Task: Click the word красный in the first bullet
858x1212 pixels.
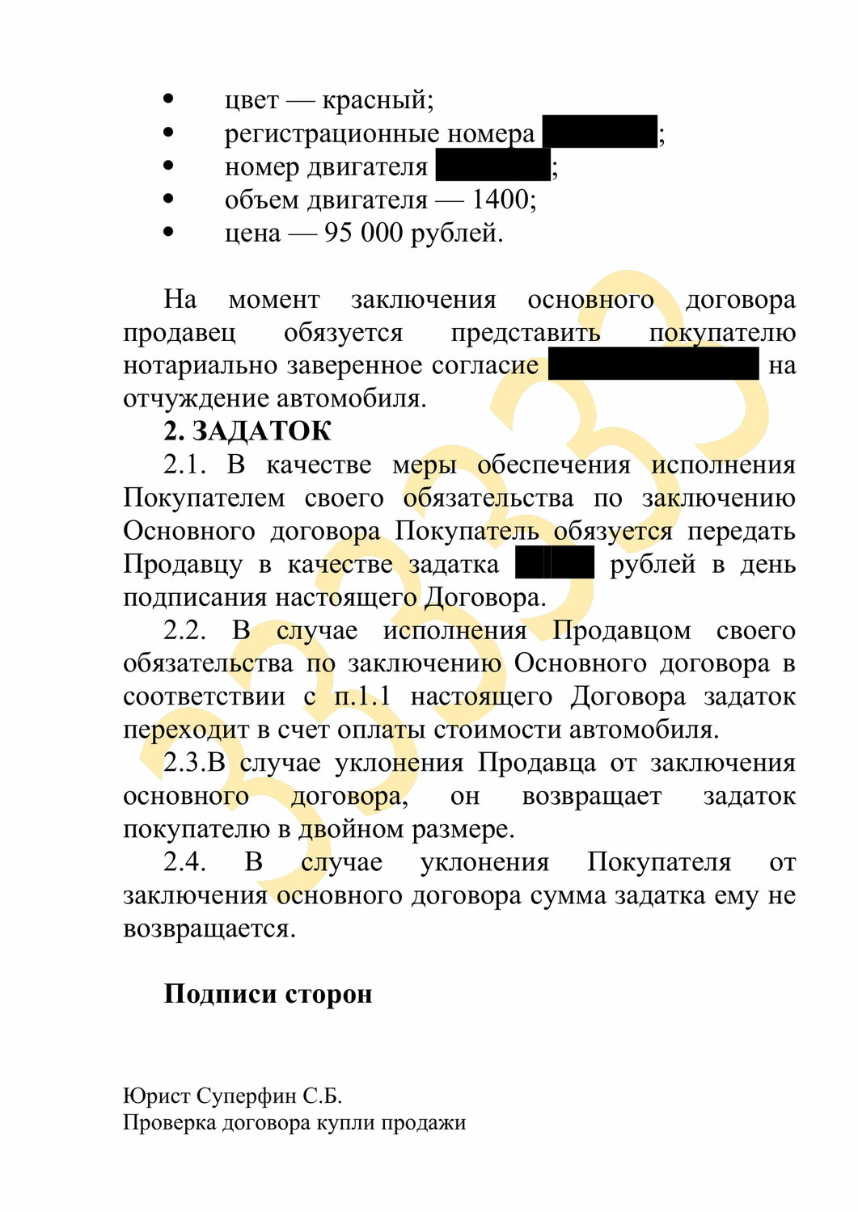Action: [377, 100]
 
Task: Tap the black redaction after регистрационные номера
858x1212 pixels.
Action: [599, 132]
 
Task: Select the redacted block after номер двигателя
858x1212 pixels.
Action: [492, 166]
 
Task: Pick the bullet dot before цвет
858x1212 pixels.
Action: [168, 99]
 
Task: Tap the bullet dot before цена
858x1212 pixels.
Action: [168, 232]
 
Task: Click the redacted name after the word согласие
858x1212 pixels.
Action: [653, 364]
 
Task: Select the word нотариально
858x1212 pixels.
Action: [201, 366]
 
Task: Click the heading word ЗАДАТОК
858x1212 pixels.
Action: [261, 431]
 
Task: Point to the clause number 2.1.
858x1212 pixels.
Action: [184, 465]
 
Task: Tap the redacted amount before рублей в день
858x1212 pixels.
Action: [555, 563]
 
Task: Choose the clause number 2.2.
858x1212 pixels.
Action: [184, 630]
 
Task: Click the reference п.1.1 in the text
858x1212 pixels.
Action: [361, 696]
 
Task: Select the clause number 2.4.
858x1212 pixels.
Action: [184, 862]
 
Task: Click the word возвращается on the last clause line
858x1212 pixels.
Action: [209, 929]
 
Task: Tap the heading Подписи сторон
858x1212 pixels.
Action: [268, 994]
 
